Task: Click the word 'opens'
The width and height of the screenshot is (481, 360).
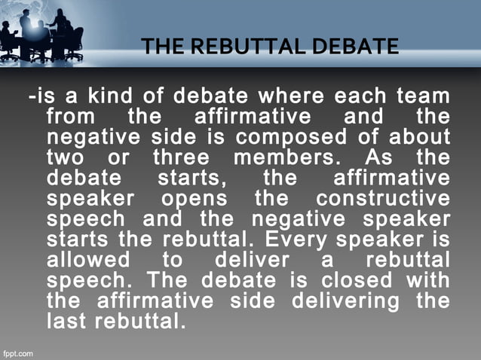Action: point(188,200)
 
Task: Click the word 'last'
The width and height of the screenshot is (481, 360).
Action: point(63,322)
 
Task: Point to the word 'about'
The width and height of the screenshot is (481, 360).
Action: point(419,139)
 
